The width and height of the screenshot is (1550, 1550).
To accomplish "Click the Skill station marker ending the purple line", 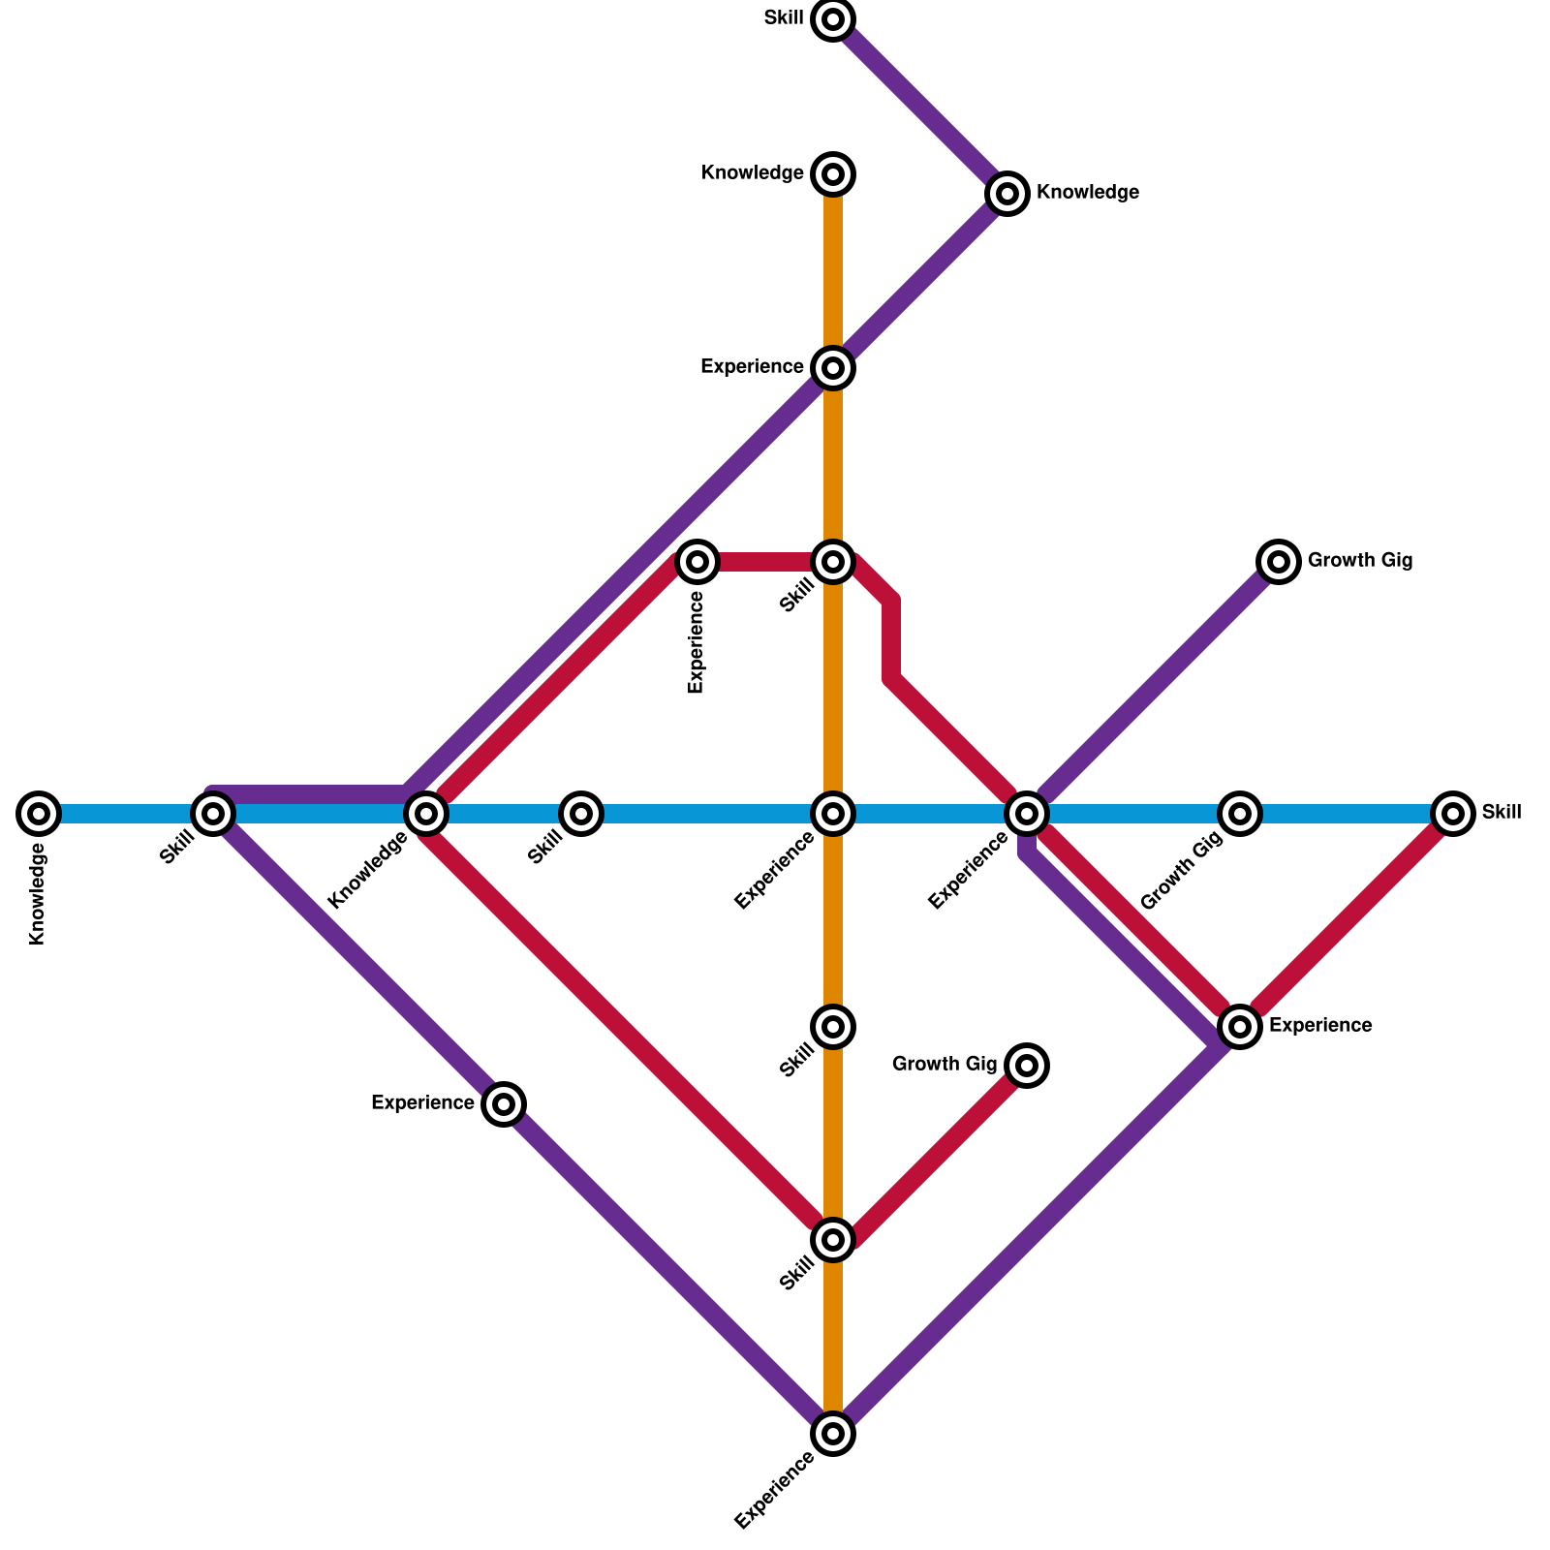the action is (833, 19).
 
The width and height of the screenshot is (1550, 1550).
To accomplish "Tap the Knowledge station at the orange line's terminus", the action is (833, 174).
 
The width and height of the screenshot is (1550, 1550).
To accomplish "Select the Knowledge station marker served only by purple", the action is (1007, 194).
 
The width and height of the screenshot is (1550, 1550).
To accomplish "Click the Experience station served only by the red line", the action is (697, 562).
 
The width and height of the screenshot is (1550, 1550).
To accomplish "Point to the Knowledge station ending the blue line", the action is (39, 814).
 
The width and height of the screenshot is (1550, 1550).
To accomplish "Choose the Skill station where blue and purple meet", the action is (213, 814).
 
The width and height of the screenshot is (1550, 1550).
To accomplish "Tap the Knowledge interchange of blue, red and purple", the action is (426, 814).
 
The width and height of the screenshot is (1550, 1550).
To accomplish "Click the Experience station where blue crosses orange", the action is (833, 814).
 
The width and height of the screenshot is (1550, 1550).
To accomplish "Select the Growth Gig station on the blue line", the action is (1240, 814).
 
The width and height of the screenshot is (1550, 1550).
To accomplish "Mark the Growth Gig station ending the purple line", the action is (1279, 562).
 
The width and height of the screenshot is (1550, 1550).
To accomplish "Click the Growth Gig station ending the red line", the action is (1027, 1066).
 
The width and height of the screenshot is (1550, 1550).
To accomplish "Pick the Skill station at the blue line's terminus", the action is (1453, 814).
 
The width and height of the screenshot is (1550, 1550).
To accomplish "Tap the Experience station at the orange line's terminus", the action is (833, 1434).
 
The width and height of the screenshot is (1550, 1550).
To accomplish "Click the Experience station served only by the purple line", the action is (504, 1103).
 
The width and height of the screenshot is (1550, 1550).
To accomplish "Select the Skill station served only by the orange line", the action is (833, 1027).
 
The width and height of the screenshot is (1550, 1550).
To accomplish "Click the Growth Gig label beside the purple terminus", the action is (1359, 561).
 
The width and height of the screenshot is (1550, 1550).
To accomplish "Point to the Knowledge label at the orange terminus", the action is (753, 173).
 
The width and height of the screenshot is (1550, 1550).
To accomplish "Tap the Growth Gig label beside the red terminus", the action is (945, 1065).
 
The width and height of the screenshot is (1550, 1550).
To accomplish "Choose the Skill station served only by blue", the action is (581, 814).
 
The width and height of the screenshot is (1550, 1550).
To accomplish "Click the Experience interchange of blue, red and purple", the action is (1027, 814).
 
